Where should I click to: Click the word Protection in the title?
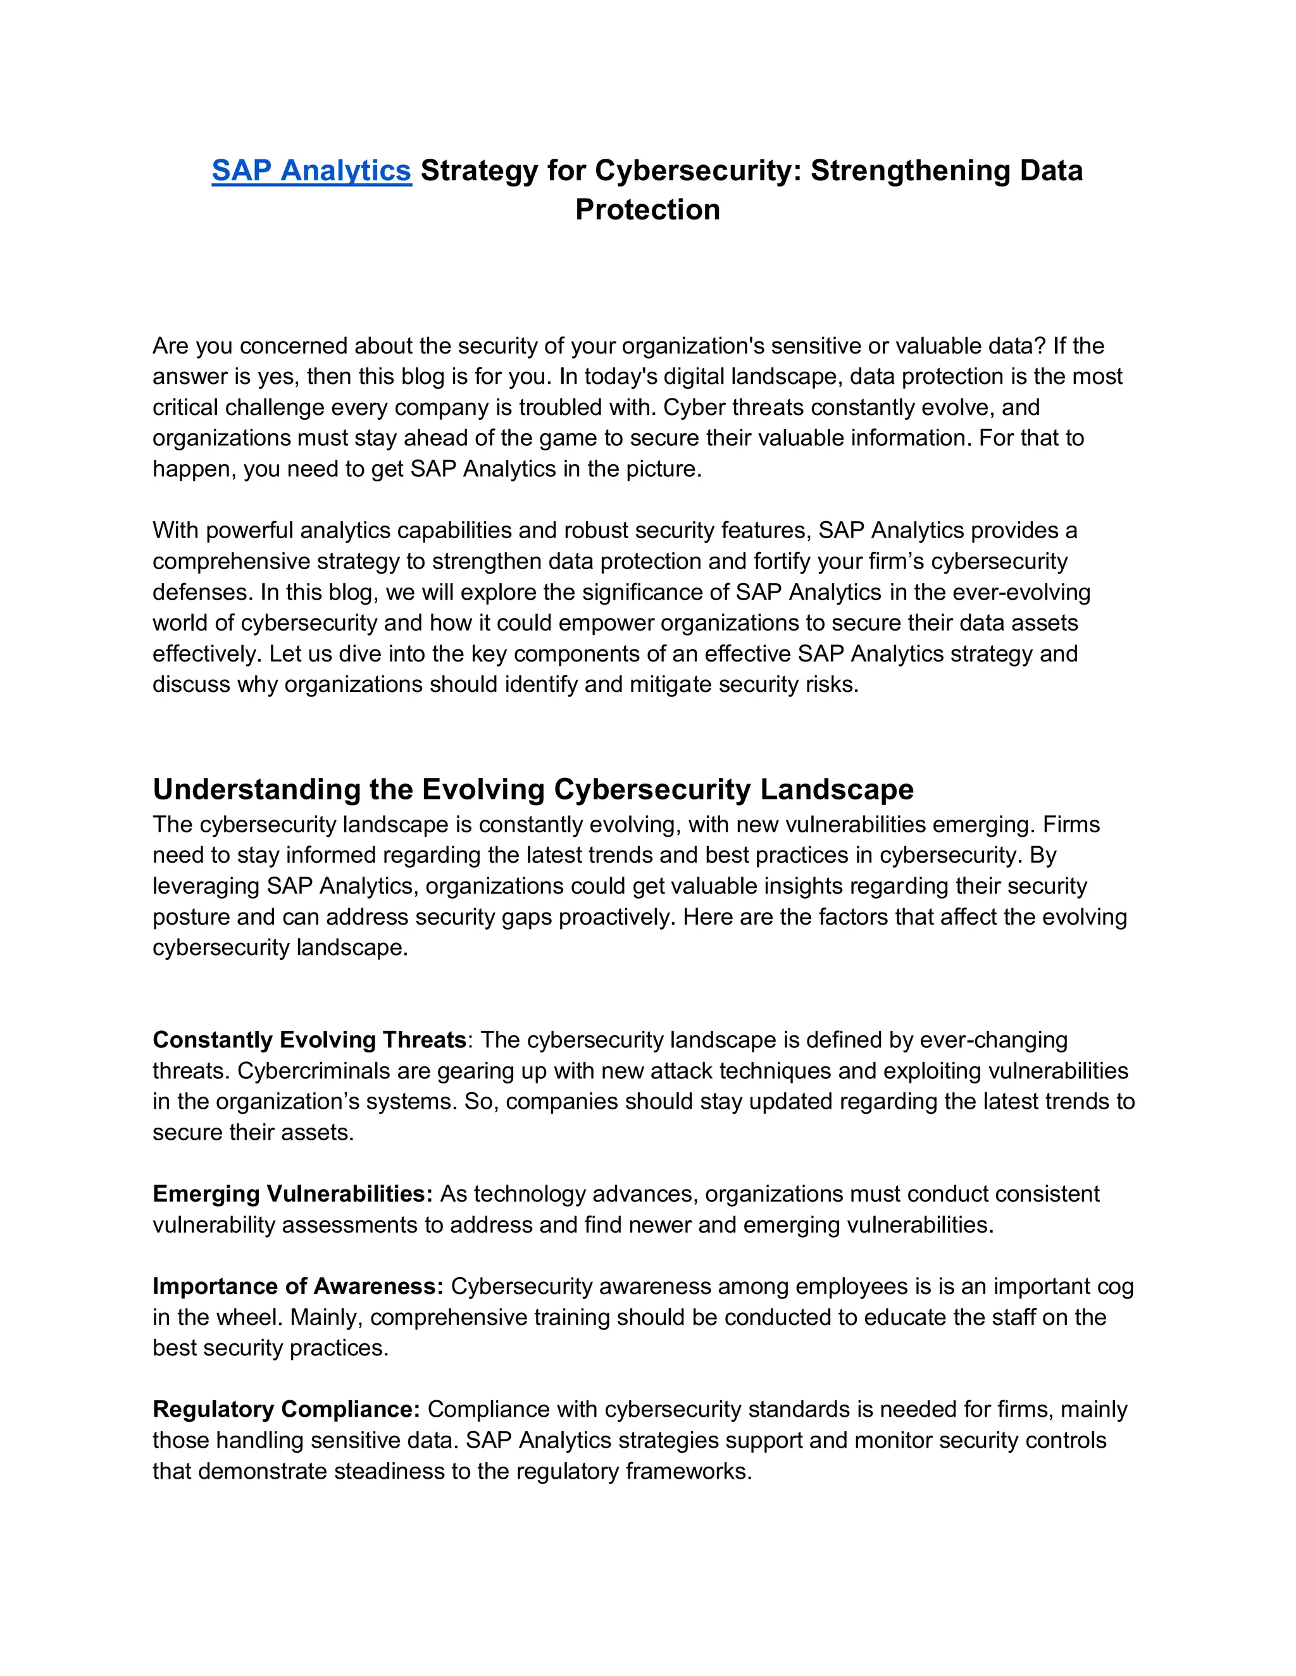[647, 209]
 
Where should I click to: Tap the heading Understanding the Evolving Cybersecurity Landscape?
[533, 789]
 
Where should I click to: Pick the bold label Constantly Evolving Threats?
[309, 1040]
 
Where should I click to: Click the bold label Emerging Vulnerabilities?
[292, 1193]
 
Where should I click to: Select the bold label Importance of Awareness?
[298, 1286]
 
